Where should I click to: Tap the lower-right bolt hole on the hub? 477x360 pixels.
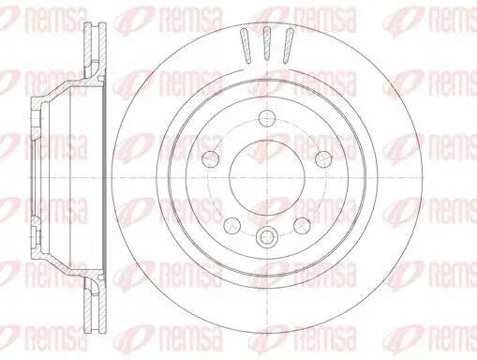301,226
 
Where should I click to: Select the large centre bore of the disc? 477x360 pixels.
265,178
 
